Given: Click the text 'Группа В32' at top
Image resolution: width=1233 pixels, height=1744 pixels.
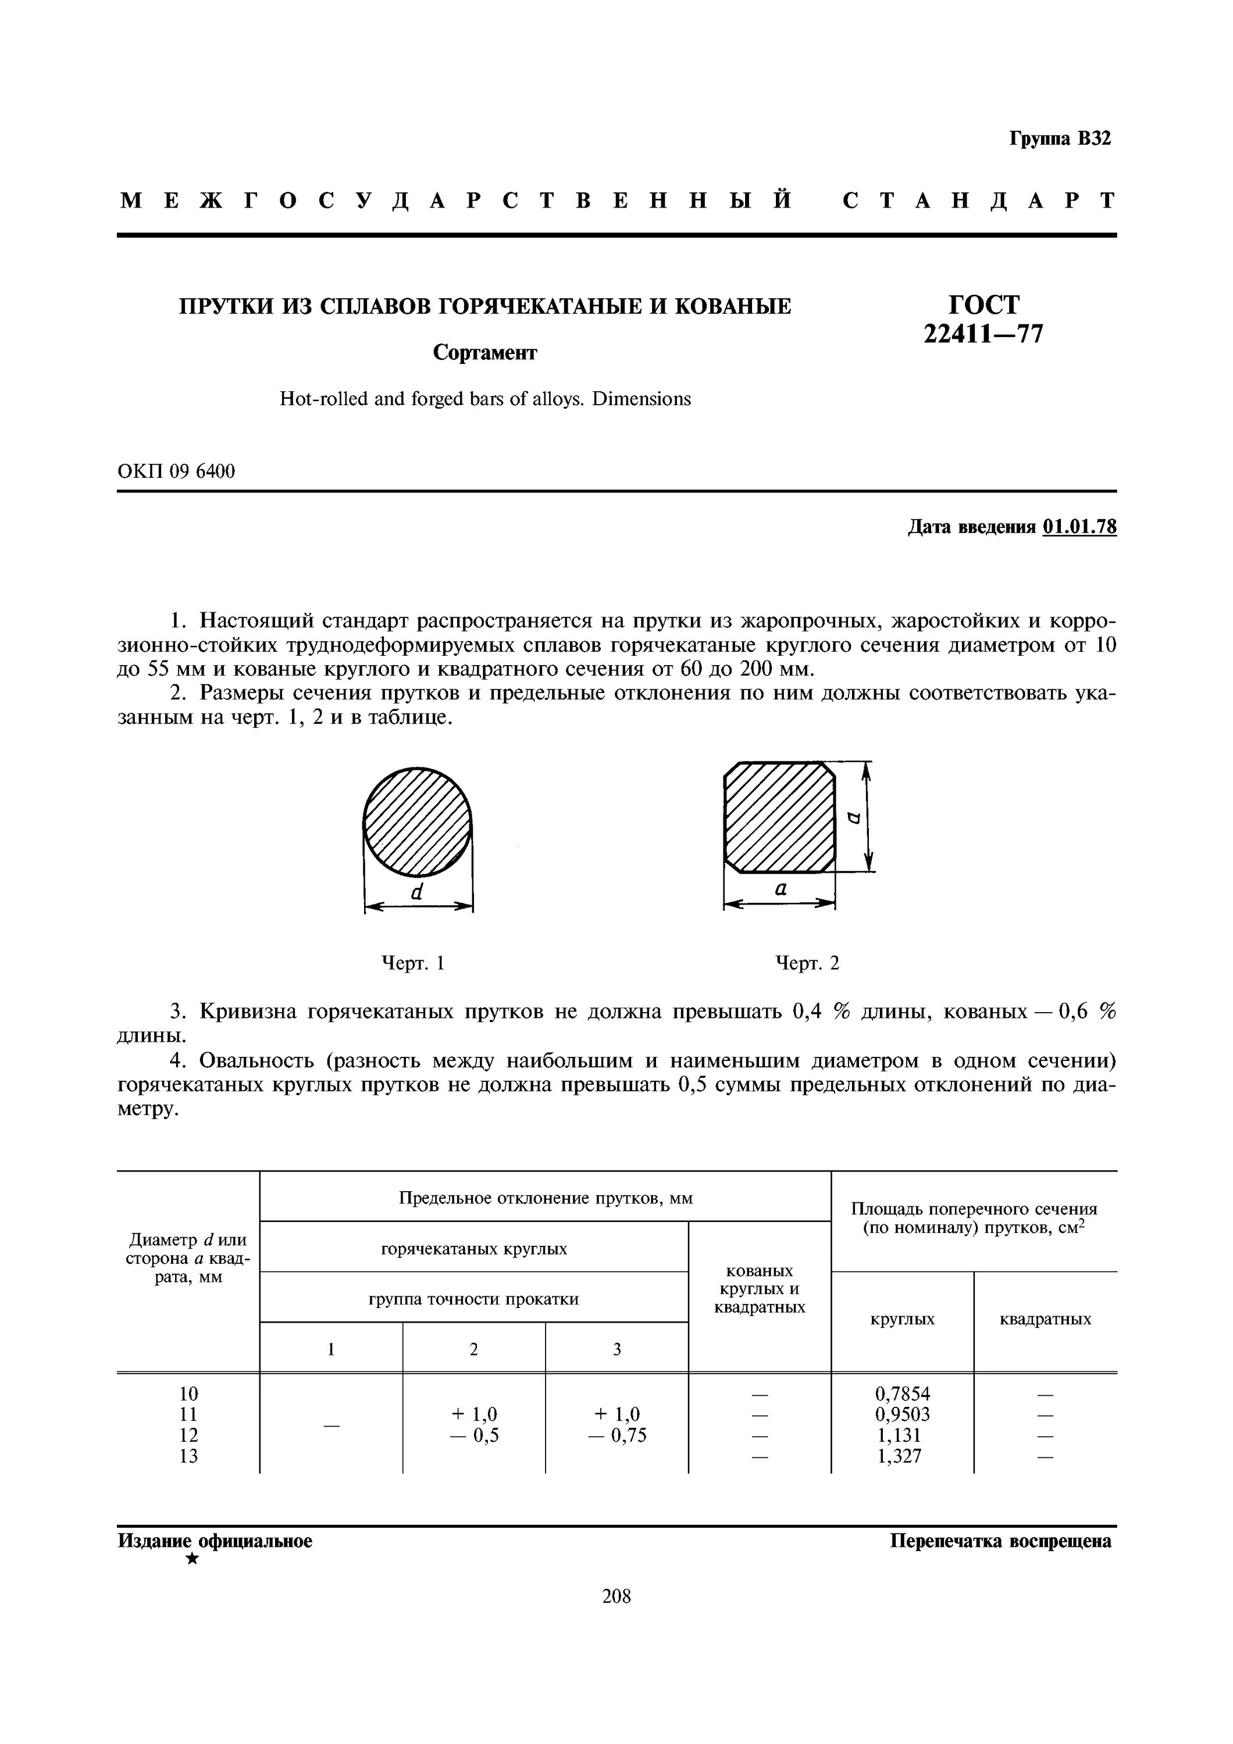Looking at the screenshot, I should click(x=1060, y=139).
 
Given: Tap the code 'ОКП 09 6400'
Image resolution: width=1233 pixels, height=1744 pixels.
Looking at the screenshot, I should click(x=176, y=471).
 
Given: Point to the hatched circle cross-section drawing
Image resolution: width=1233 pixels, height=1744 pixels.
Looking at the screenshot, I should click(x=417, y=822).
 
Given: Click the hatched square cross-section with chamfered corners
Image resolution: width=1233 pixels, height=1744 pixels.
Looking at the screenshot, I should click(x=779, y=817).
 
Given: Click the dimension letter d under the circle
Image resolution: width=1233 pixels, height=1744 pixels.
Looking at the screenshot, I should click(x=416, y=892).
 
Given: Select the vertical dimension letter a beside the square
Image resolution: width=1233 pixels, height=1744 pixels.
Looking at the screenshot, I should click(x=854, y=817).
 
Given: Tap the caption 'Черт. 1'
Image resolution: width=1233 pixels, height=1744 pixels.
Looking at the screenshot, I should click(x=412, y=963).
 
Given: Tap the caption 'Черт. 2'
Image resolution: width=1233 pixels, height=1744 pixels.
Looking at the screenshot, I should click(x=807, y=963).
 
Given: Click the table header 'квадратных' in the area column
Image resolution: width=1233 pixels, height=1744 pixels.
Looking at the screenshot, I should click(x=1045, y=1320).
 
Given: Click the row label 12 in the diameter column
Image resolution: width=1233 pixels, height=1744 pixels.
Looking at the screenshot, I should click(x=188, y=1435).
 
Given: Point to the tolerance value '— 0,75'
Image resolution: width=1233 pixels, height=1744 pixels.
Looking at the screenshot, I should click(x=617, y=1435).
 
